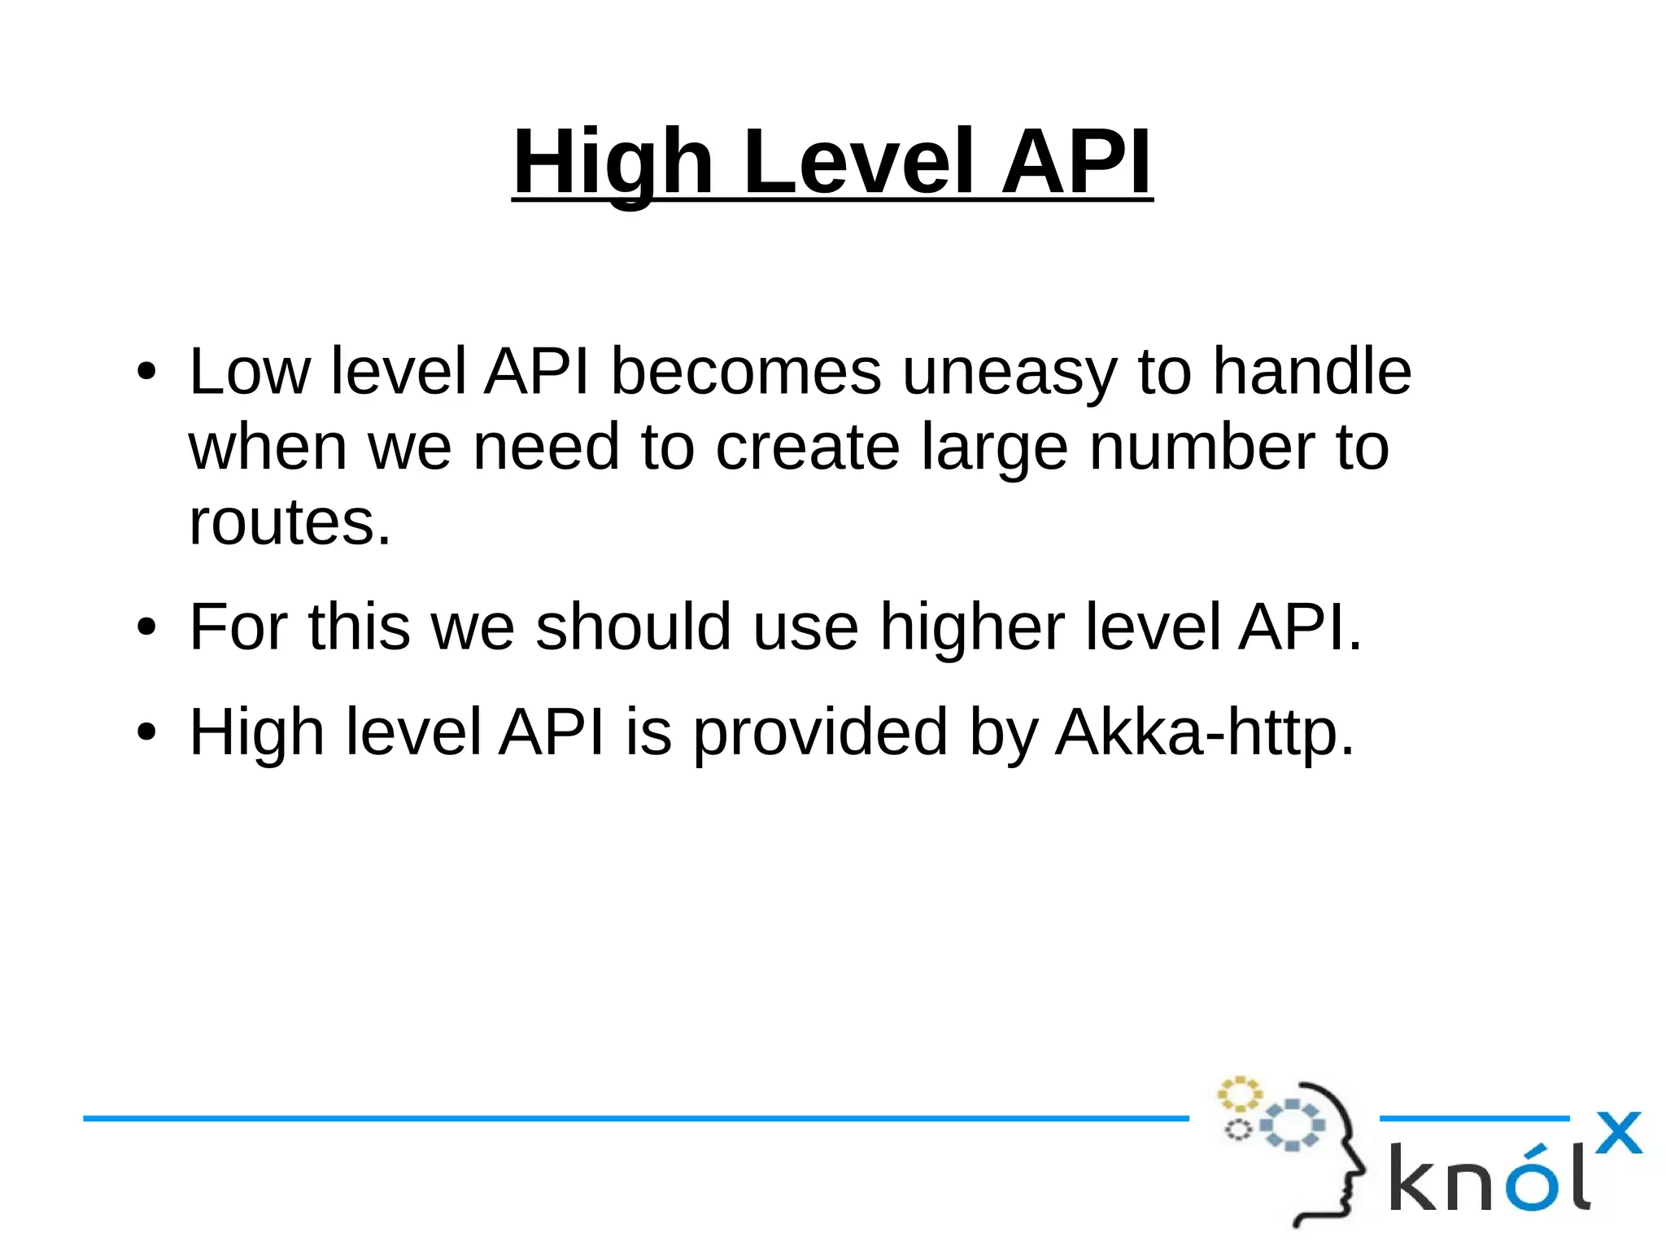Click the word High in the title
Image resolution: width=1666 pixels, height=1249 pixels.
pyautogui.click(x=613, y=163)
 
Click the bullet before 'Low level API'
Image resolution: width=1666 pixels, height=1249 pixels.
pyautogui.click(x=146, y=373)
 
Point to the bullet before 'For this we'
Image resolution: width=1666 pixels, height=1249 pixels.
pyautogui.click(x=146, y=627)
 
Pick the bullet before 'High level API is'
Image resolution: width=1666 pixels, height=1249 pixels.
pyautogui.click(x=146, y=732)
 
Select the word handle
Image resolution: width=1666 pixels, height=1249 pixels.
pyautogui.click(x=1311, y=371)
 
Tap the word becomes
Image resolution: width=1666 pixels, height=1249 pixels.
pyautogui.click(x=745, y=371)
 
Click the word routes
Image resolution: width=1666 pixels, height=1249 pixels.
pyautogui.click(x=290, y=522)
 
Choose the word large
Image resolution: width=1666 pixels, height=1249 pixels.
pyautogui.click(x=994, y=448)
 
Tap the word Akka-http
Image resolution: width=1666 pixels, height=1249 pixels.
pyautogui.click(x=1204, y=732)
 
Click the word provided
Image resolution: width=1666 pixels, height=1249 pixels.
pyautogui.click(x=820, y=732)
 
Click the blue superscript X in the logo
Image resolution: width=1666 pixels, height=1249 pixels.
pyautogui.click(x=1618, y=1133)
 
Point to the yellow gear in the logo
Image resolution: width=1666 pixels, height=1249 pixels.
pyautogui.click(x=1238, y=1094)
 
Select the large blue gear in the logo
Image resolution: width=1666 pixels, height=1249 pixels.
pyautogui.click(x=1292, y=1125)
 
